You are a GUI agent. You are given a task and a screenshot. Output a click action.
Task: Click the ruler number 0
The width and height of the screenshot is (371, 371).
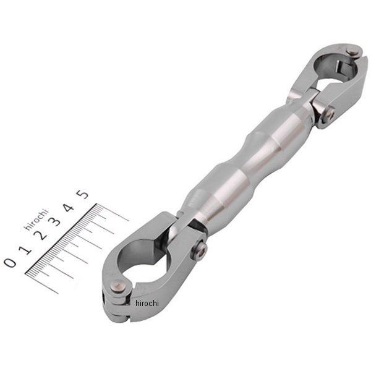click(x=10, y=262)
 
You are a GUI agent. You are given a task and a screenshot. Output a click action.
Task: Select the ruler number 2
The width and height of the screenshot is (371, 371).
click(x=40, y=235)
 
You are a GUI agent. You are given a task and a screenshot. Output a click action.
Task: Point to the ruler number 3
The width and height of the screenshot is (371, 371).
click(x=54, y=222)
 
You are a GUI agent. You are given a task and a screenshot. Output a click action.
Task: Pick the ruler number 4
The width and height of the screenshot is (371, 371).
click(x=68, y=208)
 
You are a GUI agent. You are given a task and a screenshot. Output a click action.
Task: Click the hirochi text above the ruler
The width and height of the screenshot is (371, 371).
click(x=36, y=219)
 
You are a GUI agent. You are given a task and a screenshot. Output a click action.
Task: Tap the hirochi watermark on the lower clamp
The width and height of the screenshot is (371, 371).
click(x=147, y=303)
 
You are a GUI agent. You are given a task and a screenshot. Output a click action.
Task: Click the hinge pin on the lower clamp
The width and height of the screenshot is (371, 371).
click(x=119, y=287)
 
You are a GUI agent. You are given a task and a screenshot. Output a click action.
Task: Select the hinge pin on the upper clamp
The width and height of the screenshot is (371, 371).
click(x=353, y=53)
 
